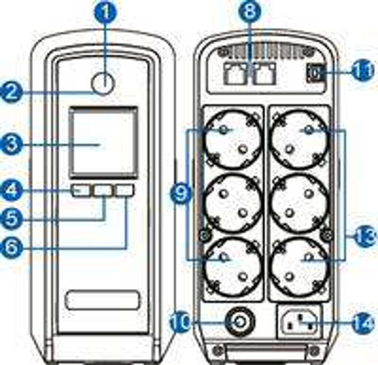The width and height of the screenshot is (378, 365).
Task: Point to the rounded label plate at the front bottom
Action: (x=103, y=300)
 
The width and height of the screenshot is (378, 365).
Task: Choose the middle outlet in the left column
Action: (x=233, y=204)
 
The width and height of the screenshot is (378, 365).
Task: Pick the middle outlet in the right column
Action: (x=300, y=204)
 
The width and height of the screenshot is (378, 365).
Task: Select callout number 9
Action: (x=181, y=194)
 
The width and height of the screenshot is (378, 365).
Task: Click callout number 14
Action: (x=363, y=324)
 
